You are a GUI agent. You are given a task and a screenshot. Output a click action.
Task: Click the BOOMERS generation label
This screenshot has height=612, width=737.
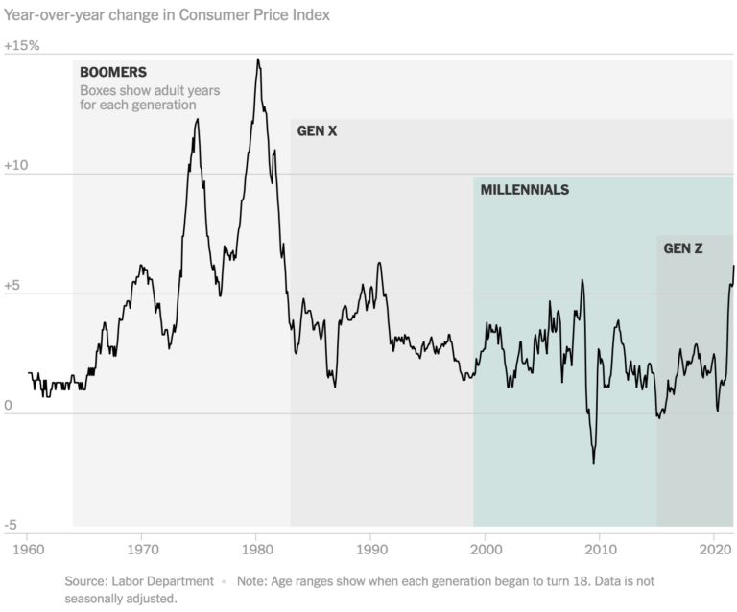tap(112, 72)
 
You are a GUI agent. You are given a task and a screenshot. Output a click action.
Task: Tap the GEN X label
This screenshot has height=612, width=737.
tap(317, 130)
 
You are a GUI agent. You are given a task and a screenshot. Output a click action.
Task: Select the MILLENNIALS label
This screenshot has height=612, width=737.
tap(525, 190)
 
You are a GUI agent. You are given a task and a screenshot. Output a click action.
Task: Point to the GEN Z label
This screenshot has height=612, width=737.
tap(683, 248)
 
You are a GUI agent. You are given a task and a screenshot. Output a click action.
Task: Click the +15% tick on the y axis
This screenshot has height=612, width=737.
tap(22, 46)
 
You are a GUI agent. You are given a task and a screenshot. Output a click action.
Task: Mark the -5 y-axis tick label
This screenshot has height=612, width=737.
tap(12, 525)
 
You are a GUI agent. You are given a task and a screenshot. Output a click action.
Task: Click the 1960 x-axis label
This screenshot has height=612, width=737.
tap(27, 550)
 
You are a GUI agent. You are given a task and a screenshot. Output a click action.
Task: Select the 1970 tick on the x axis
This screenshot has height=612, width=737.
tap(141, 550)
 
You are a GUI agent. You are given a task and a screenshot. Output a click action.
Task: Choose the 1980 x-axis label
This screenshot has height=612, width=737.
tap(256, 550)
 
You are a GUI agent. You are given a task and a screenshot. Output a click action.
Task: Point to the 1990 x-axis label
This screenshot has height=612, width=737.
tap(371, 550)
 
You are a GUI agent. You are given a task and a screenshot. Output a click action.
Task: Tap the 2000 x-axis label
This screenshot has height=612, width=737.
tap(486, 550)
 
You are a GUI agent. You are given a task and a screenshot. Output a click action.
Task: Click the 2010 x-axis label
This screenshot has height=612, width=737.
tap(601, 550)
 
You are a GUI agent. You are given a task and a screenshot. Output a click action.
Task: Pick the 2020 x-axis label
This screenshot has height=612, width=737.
tap(715, 550)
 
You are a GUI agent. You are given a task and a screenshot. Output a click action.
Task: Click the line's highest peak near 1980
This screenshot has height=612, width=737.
tap(258, 60)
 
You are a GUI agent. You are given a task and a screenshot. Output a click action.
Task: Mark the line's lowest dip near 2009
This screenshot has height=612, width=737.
tap(593, 462)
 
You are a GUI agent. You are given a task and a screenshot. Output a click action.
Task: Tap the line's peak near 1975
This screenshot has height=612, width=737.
tap(197, 120)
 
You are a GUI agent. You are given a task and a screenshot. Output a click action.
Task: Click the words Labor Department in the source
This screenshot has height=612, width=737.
tap(167, 581)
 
